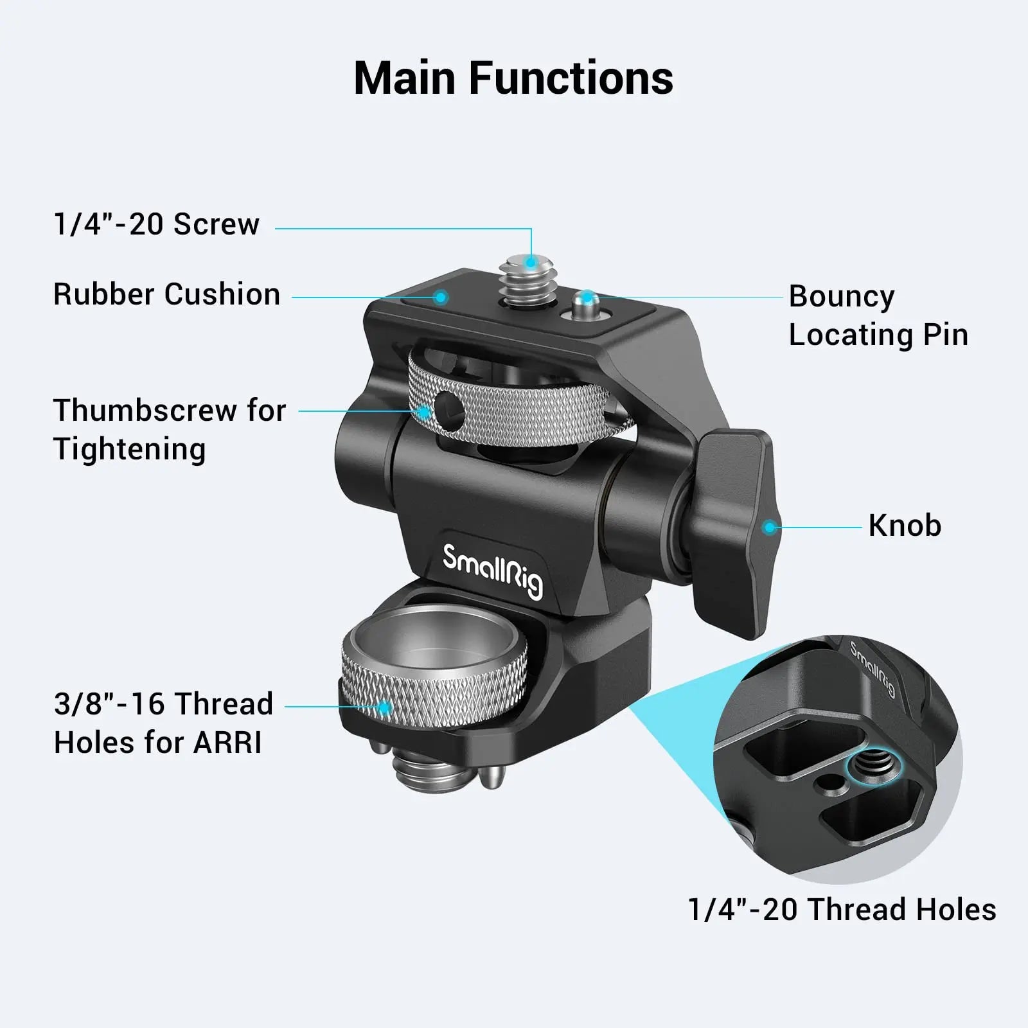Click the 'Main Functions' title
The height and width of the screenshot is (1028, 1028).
(x=513, y=78)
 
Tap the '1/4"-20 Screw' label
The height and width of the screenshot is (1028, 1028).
(x=157, y=224)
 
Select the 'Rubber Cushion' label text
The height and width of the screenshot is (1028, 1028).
(x=166, y=294)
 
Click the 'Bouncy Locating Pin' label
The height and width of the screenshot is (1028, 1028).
(x=878, y=315)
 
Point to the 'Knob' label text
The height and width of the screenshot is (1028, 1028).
(x=905, y=526)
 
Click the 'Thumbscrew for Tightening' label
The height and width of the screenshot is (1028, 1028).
(x=169, y=429)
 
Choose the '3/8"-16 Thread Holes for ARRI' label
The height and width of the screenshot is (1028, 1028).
(x=163, y=723)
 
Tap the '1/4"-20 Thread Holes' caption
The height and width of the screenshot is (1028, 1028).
(x=842, y=910)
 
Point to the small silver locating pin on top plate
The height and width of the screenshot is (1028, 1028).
(x=586, y=304)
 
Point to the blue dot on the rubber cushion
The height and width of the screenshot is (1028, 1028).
(x=440, y=297)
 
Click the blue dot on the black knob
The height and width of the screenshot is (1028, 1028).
(x=768, y=527)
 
